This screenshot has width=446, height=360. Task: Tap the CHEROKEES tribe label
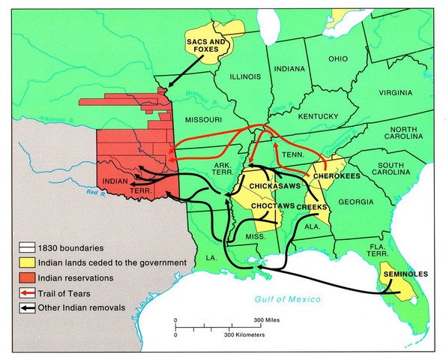coord(338,175)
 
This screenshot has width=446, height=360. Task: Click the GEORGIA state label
coord(354,202)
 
